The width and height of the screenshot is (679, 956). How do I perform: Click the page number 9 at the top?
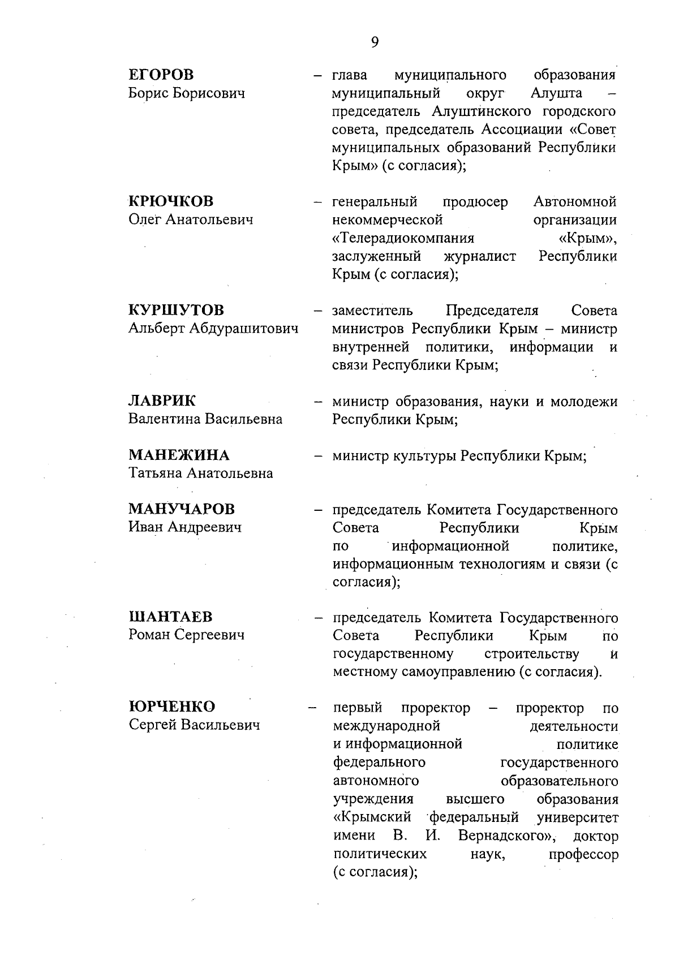pyautogui.click(x=375, y=42)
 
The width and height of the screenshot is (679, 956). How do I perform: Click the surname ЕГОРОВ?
pyautogui.click(x=161, y=75)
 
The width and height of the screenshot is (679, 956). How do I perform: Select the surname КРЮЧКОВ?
pyautogui.click(x=171, y=201)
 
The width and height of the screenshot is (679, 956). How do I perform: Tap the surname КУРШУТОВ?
pyautogui.click(x=176, y=310)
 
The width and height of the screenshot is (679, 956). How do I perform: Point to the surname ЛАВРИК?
pyautogui.click(x=162, y=401)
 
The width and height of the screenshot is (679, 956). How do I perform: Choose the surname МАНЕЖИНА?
pyautogui.click(x=179, y=455)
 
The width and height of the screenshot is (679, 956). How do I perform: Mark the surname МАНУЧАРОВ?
pyautogui.click(x=181, y=509)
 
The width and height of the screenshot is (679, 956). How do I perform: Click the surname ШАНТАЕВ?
pyautogui.click(x=171, y=617)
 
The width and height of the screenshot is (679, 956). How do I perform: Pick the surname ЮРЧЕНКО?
pyautogui.click(x=172, y=707)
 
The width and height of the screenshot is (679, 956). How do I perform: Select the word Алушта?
pyautogui.click(x=557, y=93)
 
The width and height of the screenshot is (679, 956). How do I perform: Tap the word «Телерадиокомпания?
pyautogui.click(x=403, y=238)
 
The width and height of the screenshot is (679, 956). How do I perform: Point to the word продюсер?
pyautogui.click(x=475, y=202)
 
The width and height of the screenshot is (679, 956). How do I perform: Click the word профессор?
pyautogui.click(x=583, y=854)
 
